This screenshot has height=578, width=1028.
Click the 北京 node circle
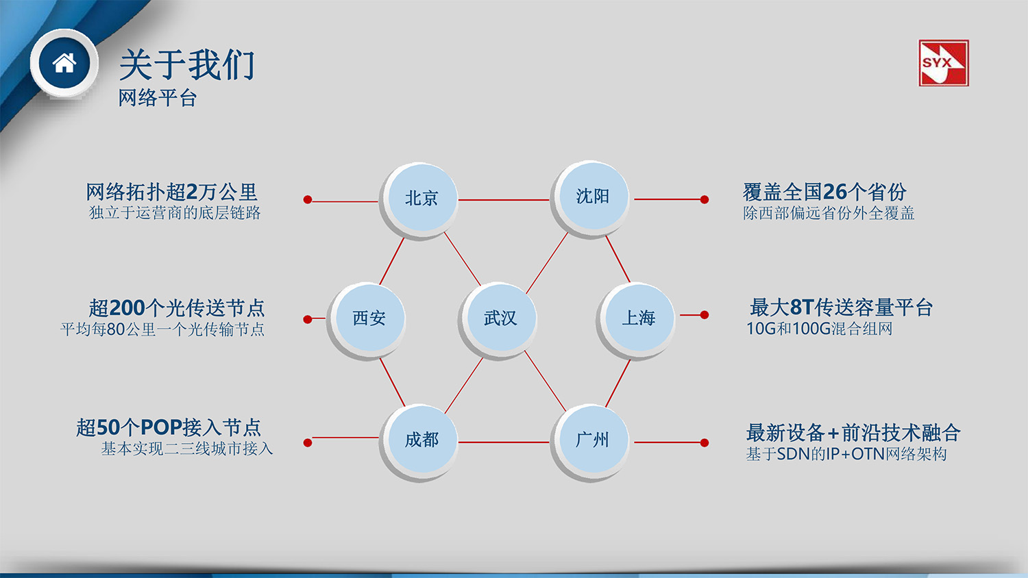[x=421, y=198]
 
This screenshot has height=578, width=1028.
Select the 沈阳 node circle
[x=591, y=197]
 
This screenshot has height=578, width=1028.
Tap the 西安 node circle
[x=369, y=318]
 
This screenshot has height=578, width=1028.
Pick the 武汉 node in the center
[x=500, y=318]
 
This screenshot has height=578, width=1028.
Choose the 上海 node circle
[x=638, y=318]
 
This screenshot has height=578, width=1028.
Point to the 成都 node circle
[x=421, y=440]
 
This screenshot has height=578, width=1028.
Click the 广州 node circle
[x=591, y=440]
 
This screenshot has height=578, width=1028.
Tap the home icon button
[x=64, y=63]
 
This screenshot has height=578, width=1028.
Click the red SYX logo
[x=943, y=63]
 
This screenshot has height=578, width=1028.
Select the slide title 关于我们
[x=186, y=65]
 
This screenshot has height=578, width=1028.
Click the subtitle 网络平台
[x=158, y=98]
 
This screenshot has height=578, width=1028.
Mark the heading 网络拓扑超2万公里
[x=171, y=192]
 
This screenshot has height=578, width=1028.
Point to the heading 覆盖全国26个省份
[x=824, y=192]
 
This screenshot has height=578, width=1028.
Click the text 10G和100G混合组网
[x=819, y=329]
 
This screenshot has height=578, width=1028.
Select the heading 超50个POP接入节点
[x=169, y=427]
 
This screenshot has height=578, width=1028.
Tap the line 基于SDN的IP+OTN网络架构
[x=846, y=454]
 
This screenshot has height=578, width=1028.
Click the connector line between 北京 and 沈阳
[x=504, y=199]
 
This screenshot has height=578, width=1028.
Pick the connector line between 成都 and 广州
[x=504, y=442]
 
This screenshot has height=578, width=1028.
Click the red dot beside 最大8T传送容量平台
[x=705, y=315]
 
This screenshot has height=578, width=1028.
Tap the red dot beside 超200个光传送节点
[x=308, y=319]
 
